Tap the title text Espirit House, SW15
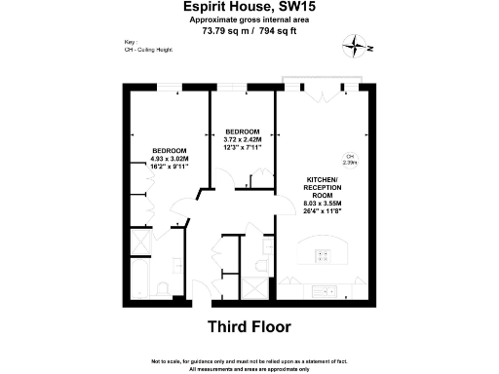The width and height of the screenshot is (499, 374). (x=249, y=7)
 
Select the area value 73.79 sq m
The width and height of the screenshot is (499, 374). (x=223, y=30)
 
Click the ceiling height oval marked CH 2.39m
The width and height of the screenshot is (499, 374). (x=348, y=161)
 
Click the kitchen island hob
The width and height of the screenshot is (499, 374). (x=321, y=257)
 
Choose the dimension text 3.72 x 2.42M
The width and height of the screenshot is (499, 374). (x=242, y=139)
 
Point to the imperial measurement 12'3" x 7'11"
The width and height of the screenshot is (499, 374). (x=242, y=147)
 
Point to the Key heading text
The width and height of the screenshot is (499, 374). (x=131, y=69)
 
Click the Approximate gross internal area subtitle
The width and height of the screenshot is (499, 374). (x=249, y=19)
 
